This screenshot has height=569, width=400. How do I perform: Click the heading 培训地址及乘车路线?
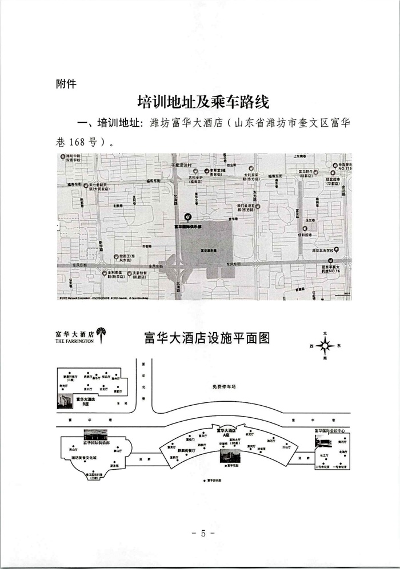click(203, 103)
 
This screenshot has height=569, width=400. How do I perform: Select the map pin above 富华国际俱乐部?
click(189, 216)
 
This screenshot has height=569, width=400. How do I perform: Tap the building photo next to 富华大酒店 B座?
click(65, 400)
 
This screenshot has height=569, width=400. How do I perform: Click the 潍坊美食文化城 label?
click(84, 458)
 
